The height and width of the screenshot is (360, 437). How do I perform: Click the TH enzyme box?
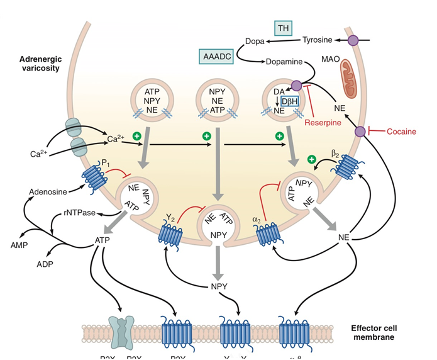(284, 28)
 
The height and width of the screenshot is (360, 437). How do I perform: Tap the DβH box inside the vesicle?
(290, 101)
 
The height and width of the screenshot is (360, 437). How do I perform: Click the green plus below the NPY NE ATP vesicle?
(206, 136)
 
